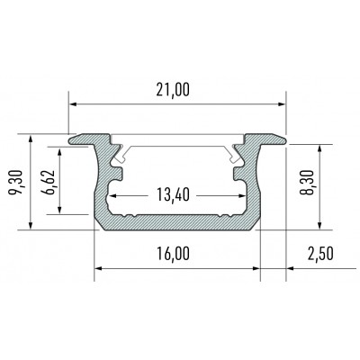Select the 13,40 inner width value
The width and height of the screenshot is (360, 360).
(x=177, y=196)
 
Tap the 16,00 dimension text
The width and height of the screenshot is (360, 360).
(x=176, y=254)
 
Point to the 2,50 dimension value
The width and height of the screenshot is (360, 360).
(x=320, y=254)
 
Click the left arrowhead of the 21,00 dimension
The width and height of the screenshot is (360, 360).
(x=73, y=101)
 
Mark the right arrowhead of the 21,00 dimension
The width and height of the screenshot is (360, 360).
(x=280, y=101)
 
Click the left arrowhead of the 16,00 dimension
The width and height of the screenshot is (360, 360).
(x=99, y=268)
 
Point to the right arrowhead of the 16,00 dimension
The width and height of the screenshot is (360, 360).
(x=255, y=268)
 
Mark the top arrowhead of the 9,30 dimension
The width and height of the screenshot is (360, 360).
(x=33, y=139)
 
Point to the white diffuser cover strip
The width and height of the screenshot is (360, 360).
(x=177, y=144)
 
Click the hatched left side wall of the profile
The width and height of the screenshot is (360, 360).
(x=99, y=189)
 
